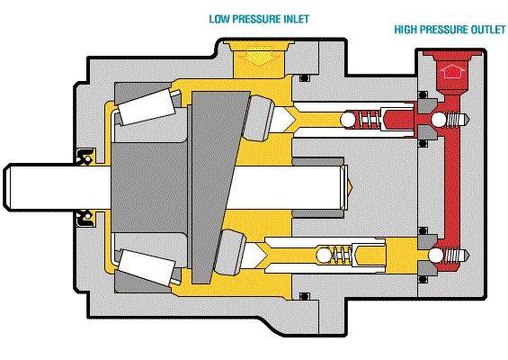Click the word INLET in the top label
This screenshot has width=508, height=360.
point(297,19)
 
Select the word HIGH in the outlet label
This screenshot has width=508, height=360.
point(406,30)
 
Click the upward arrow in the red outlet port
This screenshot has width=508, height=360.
point(452,70)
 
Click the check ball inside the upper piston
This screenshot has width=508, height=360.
point(348,119)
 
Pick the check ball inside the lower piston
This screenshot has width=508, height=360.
point(325,256)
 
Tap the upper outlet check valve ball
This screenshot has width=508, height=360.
point(440,120)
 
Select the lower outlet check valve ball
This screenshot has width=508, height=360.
point(436,256)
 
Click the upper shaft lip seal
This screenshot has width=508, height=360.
point(85,157)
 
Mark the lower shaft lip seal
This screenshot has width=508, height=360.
point(85,219)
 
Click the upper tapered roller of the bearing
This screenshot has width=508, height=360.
point(147,107)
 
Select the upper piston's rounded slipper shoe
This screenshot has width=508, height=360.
point(260,119)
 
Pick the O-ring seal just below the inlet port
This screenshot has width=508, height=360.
point(304,78)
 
